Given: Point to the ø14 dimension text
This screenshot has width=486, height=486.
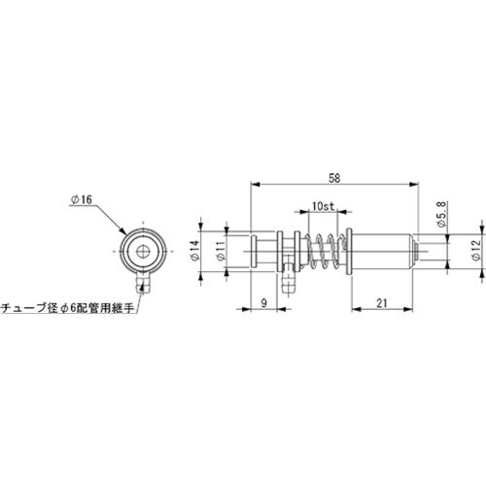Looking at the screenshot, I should (x=195, y=252).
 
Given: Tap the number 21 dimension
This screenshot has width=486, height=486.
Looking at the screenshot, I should (x=381, y=304).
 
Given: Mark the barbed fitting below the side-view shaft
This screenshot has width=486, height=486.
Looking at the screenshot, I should (x=287, y=284).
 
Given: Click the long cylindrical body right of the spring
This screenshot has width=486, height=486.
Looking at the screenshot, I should (x=379, y=253).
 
